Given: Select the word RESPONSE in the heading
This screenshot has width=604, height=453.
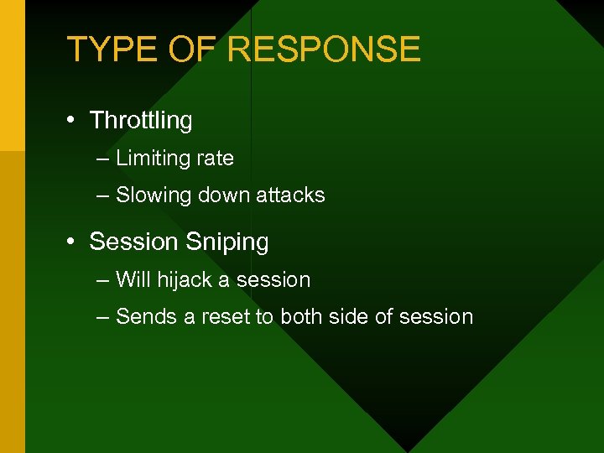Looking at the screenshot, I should [324, 49].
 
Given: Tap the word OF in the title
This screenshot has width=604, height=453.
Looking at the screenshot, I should [192, 49].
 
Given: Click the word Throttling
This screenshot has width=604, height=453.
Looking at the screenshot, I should [141, 121].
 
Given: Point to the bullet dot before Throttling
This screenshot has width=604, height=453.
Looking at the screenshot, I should [73, 121].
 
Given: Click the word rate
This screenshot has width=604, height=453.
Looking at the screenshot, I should [213, 159].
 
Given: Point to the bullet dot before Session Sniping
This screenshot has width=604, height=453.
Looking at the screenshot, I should [73, 242].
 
